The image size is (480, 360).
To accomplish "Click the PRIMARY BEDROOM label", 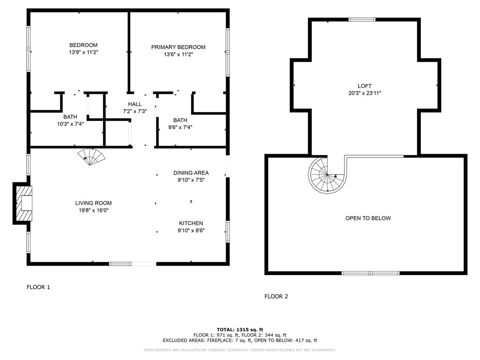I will (178, 47).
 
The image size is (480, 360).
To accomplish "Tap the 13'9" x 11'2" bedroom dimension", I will (83, 52).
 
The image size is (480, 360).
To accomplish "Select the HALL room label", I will (135, 104).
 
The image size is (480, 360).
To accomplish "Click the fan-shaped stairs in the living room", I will (92, 157).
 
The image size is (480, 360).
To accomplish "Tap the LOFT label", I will (364, 86).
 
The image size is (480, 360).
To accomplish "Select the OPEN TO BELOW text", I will (368, 218).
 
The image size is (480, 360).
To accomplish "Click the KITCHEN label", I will (191, 223).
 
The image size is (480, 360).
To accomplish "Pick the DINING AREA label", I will (191, 172).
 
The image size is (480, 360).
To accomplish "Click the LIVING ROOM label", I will (93, 203).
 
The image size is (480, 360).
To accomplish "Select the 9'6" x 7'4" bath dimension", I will (180, 127).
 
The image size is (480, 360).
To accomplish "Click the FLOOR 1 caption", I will (38, 287).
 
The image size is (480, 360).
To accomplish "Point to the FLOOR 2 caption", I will (276, 296).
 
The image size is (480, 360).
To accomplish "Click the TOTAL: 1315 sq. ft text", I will (240, 329).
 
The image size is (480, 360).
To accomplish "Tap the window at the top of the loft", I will (362, 20).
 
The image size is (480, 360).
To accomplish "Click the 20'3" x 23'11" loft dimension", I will (364, 93).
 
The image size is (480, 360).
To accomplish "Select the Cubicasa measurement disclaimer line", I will (240, 350).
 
